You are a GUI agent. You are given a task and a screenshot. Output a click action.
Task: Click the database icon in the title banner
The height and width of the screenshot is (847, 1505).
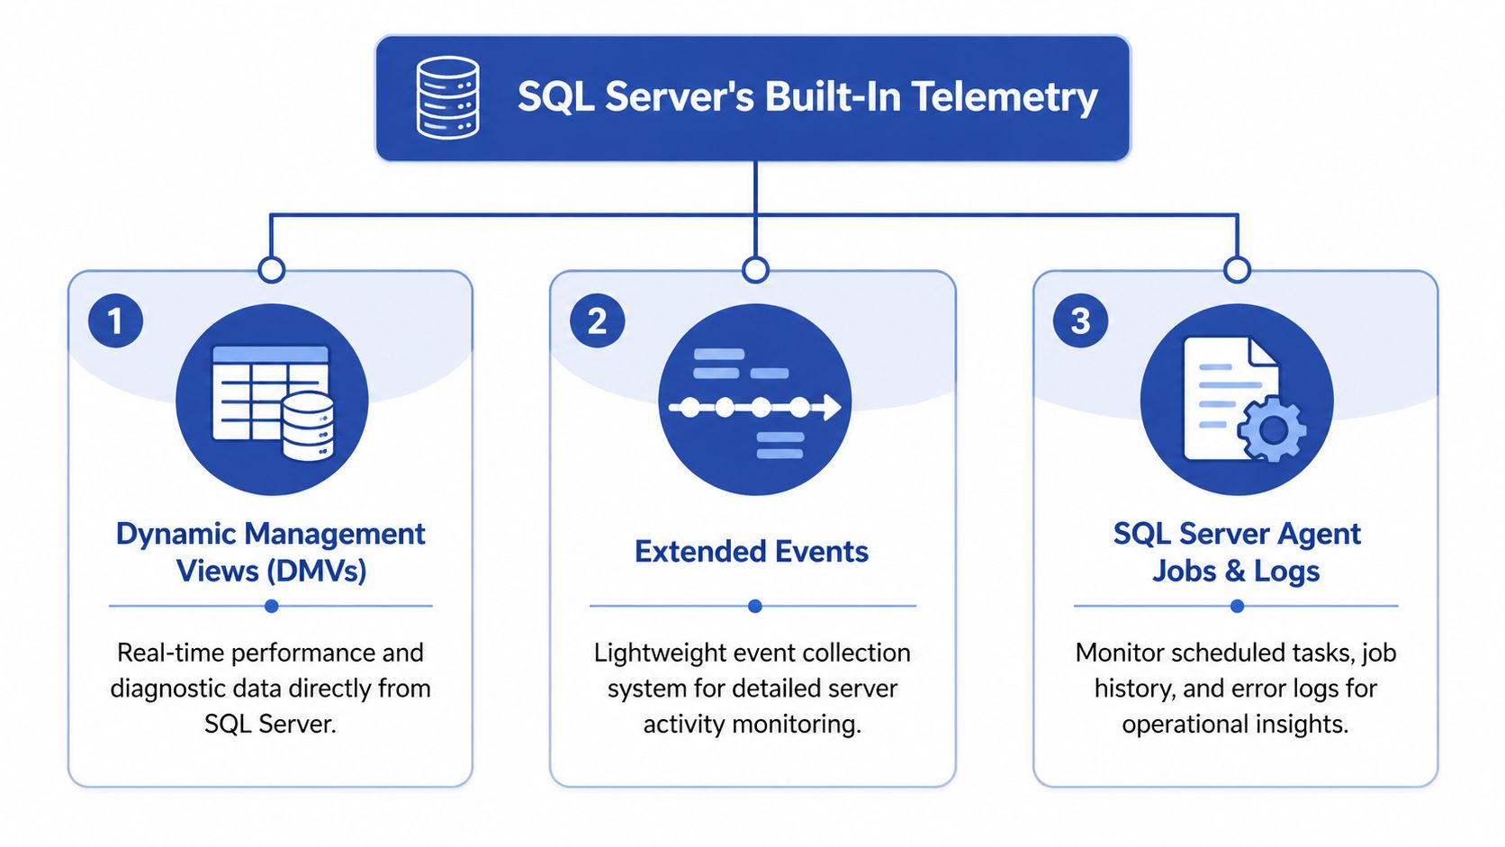(x=447, y=97)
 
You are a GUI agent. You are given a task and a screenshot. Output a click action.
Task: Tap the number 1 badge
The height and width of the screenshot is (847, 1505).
(x=115, y=321)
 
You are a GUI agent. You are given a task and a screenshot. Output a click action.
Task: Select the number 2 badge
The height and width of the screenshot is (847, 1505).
(x=597, y=321)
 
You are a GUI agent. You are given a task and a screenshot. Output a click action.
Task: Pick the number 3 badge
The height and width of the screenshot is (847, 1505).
(x=1080, y=321)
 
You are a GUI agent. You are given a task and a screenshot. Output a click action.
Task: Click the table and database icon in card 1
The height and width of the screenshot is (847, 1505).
(x=272, y=401)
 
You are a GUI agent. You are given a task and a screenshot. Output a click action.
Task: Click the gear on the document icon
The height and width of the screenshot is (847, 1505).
(x=1272, y=429)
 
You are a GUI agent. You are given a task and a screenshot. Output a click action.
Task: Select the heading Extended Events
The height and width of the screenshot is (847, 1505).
(x=752, y=552)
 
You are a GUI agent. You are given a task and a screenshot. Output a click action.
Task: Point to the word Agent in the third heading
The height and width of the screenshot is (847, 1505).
(x=1319, y=534)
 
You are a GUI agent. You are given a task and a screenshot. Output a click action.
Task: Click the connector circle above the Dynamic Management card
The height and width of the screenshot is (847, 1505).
(x=271, y=269)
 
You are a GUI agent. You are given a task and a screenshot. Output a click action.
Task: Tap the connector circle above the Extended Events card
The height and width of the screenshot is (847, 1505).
(x=755, y=269)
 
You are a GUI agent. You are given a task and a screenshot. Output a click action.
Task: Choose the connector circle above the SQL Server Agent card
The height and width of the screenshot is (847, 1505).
(x=1238, y=269)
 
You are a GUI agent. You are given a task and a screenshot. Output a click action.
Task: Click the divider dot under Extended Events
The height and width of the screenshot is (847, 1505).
(x=755, y=607)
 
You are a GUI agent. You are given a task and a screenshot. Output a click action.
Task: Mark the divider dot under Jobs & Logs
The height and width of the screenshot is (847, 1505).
(x=1237, y=607)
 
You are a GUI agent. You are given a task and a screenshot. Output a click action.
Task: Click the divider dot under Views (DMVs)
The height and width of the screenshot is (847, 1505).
(x=271, y=607)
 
